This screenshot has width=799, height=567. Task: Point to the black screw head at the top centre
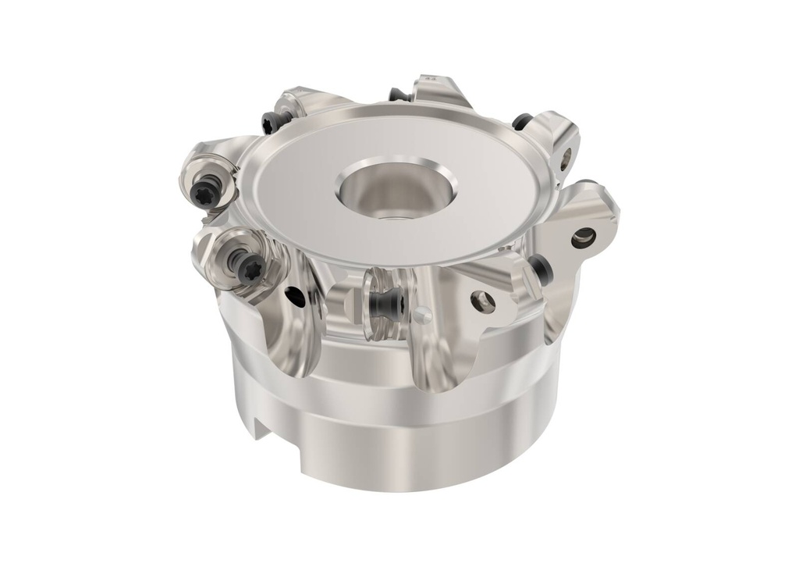398,94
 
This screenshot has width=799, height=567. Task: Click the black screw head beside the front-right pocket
544,270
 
